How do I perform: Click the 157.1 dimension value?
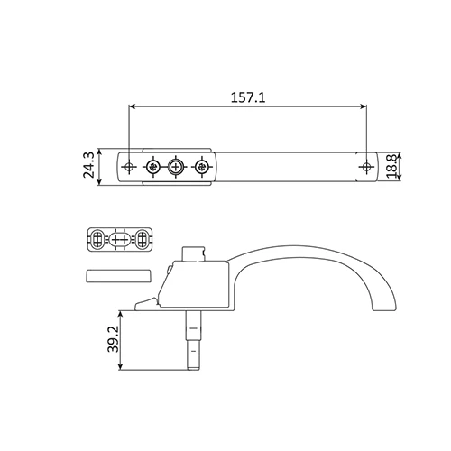click(248, 97)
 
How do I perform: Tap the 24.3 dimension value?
click(89, 165)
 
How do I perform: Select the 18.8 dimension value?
click(392, 167)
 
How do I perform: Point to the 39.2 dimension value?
click(114, 339)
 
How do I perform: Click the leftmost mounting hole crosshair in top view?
click(129, 166)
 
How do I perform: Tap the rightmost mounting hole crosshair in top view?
click(366, 166)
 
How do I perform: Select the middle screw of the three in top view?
click(176, 166)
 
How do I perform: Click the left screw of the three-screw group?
click(153, 166)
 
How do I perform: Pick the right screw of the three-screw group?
click(201, 166)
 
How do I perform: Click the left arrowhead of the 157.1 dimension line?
click(132, 106)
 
